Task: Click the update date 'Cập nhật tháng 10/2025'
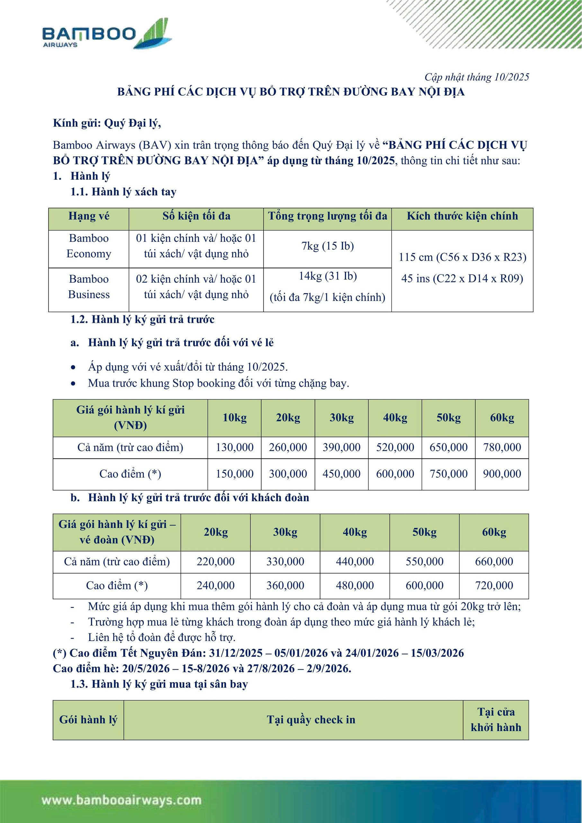click(x=476, y=77)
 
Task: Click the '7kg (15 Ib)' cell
click(x=327, y=246)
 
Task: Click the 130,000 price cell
click(x=234, y=447)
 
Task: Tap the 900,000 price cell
click(x=502, y=474)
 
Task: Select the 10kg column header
click(x=234, y=418)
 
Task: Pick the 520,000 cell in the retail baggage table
click(x=395, y=447)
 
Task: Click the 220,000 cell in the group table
click(x=215, y=562)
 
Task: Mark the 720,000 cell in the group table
click(x=494, y=586)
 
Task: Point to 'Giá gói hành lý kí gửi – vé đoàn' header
click(x=117, y=532)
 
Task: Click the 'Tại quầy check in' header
click(x=311, y=720)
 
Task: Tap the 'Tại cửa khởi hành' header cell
click(x=496, y=720)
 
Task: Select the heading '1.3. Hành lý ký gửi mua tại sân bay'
click(x=159, y=684)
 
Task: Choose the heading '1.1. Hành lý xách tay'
click(x=123, y=192)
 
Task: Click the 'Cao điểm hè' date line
click(x=202, y=668)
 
